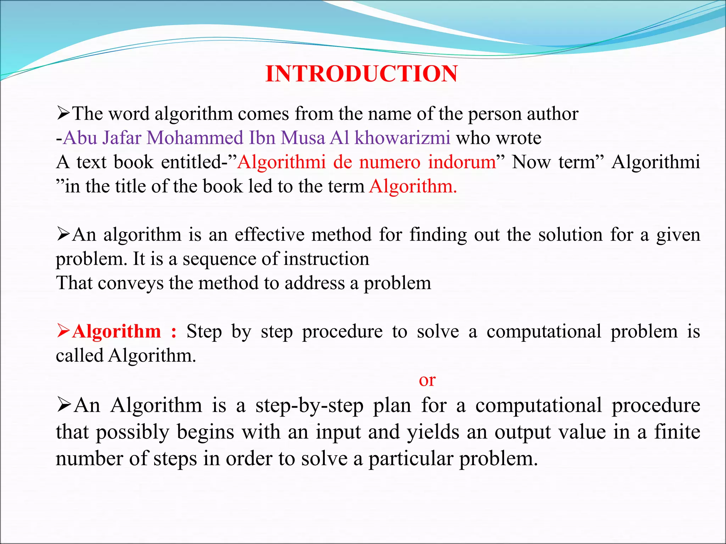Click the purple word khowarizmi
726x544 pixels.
click(x=402, y=138)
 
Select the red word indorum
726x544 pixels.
click(x=462, y=162)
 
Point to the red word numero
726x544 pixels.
click(x=390, y=162)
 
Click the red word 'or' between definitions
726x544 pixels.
click(x=427, y=380)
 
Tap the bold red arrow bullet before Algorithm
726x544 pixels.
click(x=63, y=331)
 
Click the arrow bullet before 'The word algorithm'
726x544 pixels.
click(x=63, y=114)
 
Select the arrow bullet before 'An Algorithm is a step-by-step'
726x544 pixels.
click(x=64, y=405)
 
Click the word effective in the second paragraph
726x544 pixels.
click(x=269, y=235)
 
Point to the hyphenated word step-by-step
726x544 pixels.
click(x=309, y=406)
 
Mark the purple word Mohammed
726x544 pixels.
click(x=195, y=138)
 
